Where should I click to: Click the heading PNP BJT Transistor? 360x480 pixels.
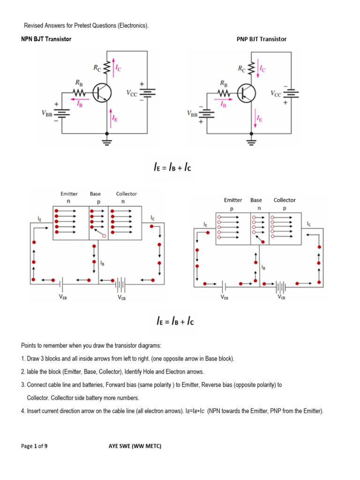click(x=262, y=39)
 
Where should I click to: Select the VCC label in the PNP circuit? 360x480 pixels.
click(x=276, y=93)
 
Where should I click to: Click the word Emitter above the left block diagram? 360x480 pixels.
click(x=69, y=194)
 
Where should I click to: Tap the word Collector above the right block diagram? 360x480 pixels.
click(x=285, y=200)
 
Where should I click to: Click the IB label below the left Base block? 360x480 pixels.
click(x=103, y=263)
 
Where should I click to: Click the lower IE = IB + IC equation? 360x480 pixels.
click(x=175, y=322)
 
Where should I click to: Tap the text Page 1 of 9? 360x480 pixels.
click(x=34, y=446)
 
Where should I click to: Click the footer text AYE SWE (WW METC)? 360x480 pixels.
click(x=132, y=446)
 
